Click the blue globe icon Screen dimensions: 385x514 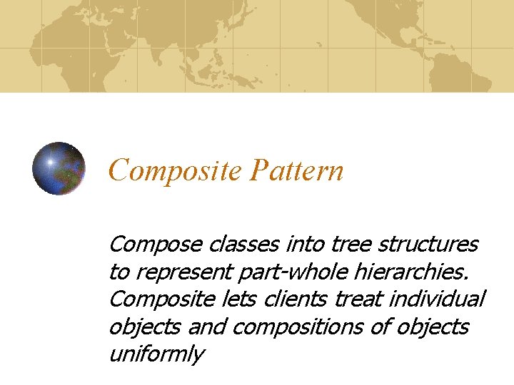[x=59, y=169]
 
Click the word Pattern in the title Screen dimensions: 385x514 [x=297, y=171]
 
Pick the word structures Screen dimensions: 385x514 [x=428, y=245]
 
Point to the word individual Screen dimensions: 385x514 [x=438, y=299]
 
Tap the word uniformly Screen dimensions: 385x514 [x=156, y=354]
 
